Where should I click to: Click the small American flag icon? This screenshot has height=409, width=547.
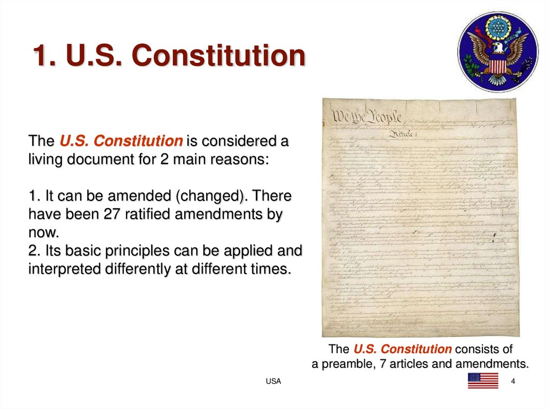[483, 381]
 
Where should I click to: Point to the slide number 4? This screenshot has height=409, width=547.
[513, 381]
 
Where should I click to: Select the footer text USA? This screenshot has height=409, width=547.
[273, 381]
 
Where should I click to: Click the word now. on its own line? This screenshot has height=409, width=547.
[43, 232]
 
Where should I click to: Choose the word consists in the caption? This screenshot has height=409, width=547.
[475, 349]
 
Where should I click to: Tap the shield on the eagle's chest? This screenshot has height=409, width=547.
[497, 65]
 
